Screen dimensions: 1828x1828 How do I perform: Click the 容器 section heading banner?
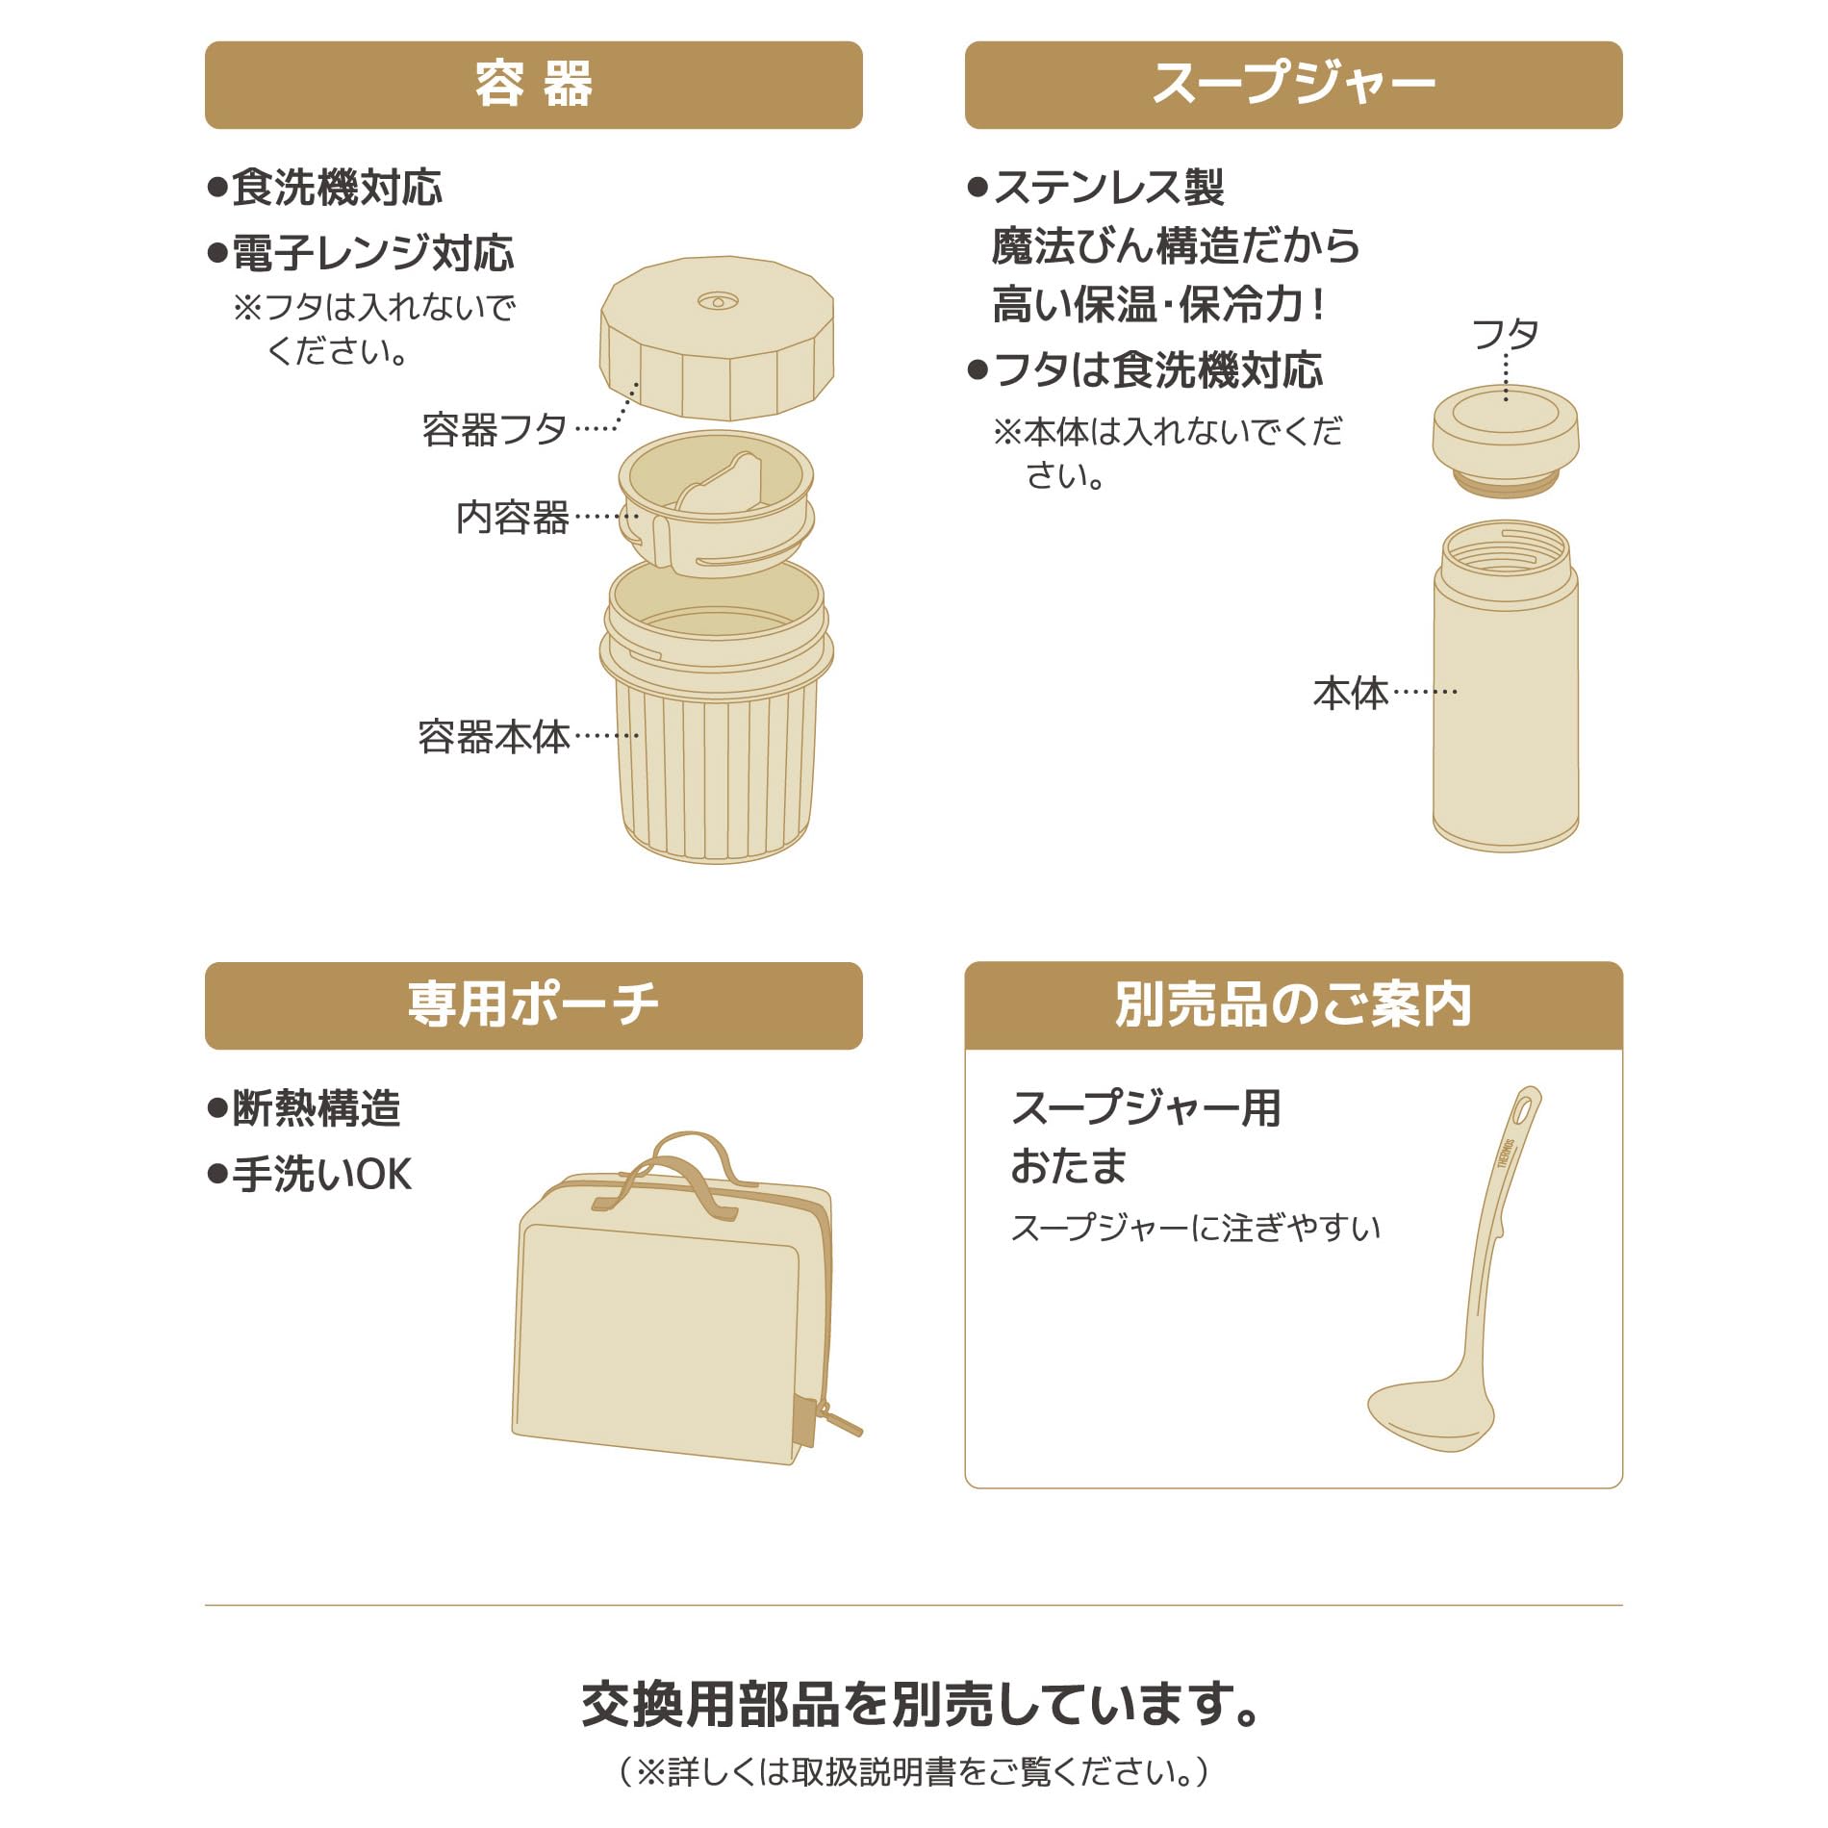pyautogui.click(x=533, y=85)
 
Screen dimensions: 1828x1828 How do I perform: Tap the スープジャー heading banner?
pyautogui.click(x=1293, y=85)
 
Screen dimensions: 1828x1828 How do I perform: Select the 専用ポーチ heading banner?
pyautogui.click(x=533, y=1005)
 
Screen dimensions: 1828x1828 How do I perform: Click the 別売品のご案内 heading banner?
pyautogui.click(x=1293, y=1005)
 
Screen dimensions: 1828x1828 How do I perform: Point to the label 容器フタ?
pyautogui.click(x=494, y=429)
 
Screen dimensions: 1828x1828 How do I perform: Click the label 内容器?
pyautogui.click(x=512, y=517)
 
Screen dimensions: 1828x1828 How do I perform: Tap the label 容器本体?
pyautogui.click(x=494, y=737)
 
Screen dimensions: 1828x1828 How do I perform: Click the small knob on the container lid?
pyautogui.click(x=718, y=301)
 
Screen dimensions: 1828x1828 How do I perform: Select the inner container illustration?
pyautogui.click(x=717, y=503)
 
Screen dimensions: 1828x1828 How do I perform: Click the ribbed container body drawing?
pyautogui.click(x=717, y=712)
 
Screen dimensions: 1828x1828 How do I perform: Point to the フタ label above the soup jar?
pyautogui.click(x=1506, y=335)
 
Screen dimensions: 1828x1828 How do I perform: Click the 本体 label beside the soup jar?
pyautogui.click(x=1351, y=693)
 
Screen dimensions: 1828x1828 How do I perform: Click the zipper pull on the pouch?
pyautogui.click(x=840, y=1420)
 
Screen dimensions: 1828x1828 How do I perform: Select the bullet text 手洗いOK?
pyautogui.click(x=310, y=1175)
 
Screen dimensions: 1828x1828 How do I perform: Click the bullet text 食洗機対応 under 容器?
pyautogui.click(x=325, y=188)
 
